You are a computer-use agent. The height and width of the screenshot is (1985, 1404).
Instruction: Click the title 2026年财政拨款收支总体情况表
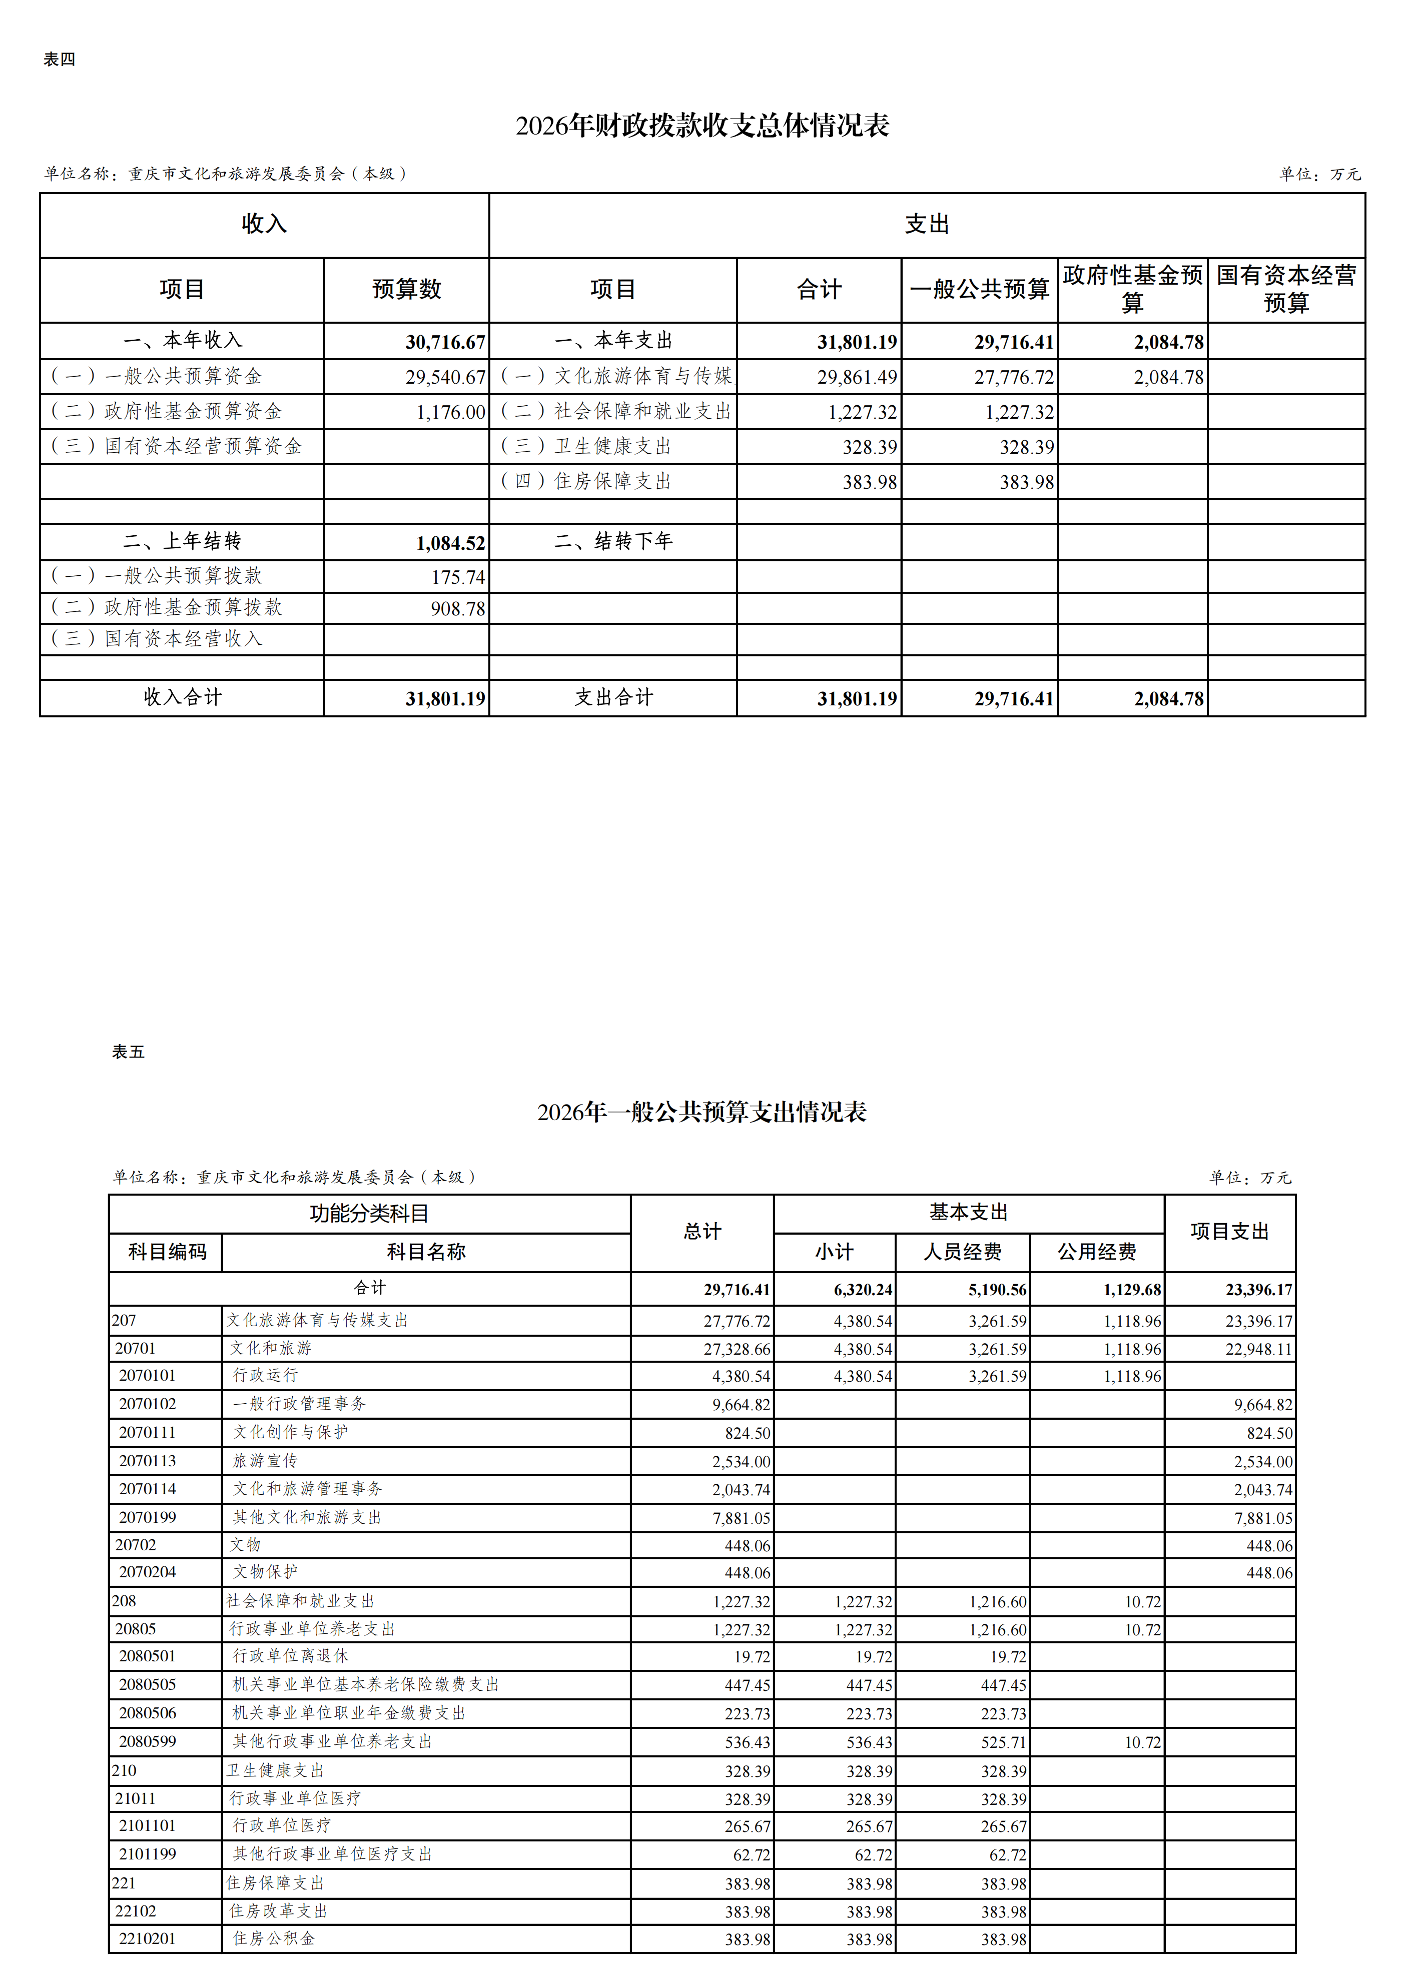702,126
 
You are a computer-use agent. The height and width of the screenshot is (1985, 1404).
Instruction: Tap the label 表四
60,60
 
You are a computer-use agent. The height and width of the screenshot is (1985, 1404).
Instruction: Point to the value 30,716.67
445,342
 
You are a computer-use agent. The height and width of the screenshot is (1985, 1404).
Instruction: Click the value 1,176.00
450,412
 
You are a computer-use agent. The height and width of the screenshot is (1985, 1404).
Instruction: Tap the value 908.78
458,609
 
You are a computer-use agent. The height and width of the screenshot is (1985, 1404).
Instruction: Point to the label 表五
128,1052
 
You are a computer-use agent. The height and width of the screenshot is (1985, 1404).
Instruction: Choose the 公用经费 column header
1096,1252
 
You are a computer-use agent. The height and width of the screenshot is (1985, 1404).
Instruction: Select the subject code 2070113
147,1461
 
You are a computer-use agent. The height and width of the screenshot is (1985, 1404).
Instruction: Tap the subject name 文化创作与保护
291,1433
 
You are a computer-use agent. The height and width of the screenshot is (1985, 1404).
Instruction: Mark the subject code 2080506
147,1713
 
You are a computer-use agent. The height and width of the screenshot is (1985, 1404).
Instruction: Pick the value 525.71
1003,1742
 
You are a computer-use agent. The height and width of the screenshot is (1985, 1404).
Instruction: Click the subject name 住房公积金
274,1938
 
